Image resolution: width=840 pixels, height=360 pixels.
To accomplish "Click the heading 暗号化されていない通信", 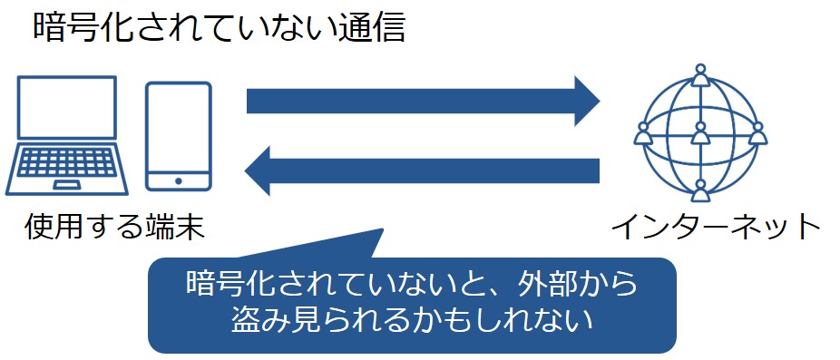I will click(218, 27).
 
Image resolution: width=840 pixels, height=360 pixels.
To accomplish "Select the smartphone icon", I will click(179, 137).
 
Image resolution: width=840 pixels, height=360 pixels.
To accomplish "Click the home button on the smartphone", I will click(179, 181).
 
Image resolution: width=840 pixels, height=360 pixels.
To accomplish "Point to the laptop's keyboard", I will click(66, 164).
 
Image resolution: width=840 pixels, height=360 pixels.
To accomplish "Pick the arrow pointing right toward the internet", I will click(422, 100).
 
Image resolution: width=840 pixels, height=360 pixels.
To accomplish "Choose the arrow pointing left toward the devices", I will click(422, 172).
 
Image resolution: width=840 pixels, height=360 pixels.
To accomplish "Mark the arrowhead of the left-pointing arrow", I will click(260, 172).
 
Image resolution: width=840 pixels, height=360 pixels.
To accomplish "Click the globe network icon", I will click(699, 136).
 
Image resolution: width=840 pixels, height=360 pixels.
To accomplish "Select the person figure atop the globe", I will click(699, 75).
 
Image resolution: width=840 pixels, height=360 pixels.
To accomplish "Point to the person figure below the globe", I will click(699, 190).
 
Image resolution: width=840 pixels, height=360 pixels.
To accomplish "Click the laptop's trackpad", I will click(66, 184).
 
